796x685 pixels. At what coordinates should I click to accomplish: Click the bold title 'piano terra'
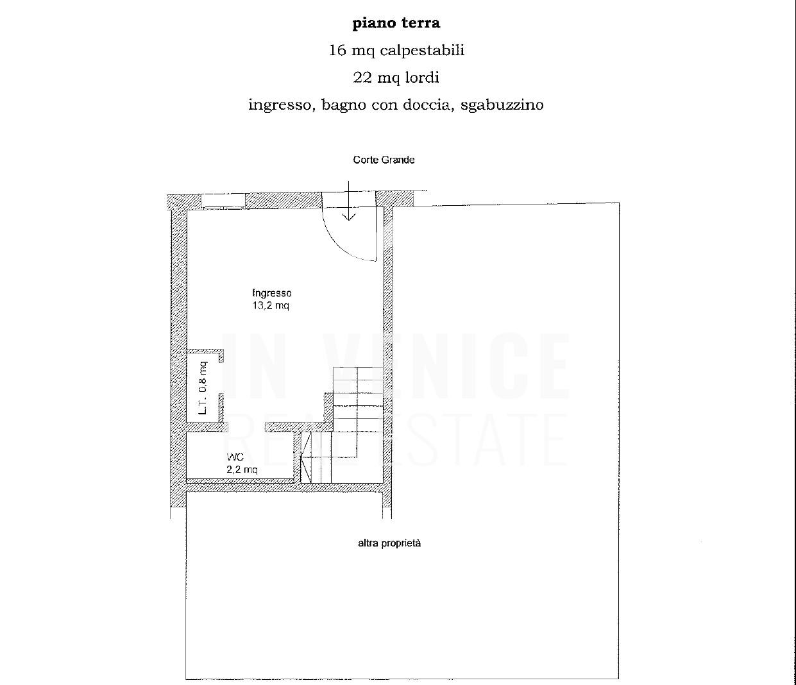396,23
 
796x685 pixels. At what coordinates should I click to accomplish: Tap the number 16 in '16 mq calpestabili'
337,51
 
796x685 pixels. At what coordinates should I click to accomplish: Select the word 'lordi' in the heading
423,78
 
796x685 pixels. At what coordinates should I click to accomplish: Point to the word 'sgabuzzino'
502,105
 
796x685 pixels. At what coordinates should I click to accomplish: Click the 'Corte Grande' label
384,160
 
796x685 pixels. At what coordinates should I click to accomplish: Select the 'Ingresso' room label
272,293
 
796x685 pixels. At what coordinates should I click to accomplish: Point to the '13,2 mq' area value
271,306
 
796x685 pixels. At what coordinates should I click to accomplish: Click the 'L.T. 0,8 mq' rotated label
203,388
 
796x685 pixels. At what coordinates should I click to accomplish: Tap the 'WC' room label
235,457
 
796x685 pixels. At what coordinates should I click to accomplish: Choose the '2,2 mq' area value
242,469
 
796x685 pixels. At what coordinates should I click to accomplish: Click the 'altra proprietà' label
389,543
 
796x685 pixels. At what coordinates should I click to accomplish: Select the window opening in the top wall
223,201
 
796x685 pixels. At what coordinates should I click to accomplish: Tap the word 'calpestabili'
421,51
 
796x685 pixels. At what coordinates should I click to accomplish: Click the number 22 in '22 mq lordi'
362,78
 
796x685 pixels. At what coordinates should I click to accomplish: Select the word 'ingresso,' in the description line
282,105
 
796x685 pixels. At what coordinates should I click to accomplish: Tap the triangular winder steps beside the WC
306,457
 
